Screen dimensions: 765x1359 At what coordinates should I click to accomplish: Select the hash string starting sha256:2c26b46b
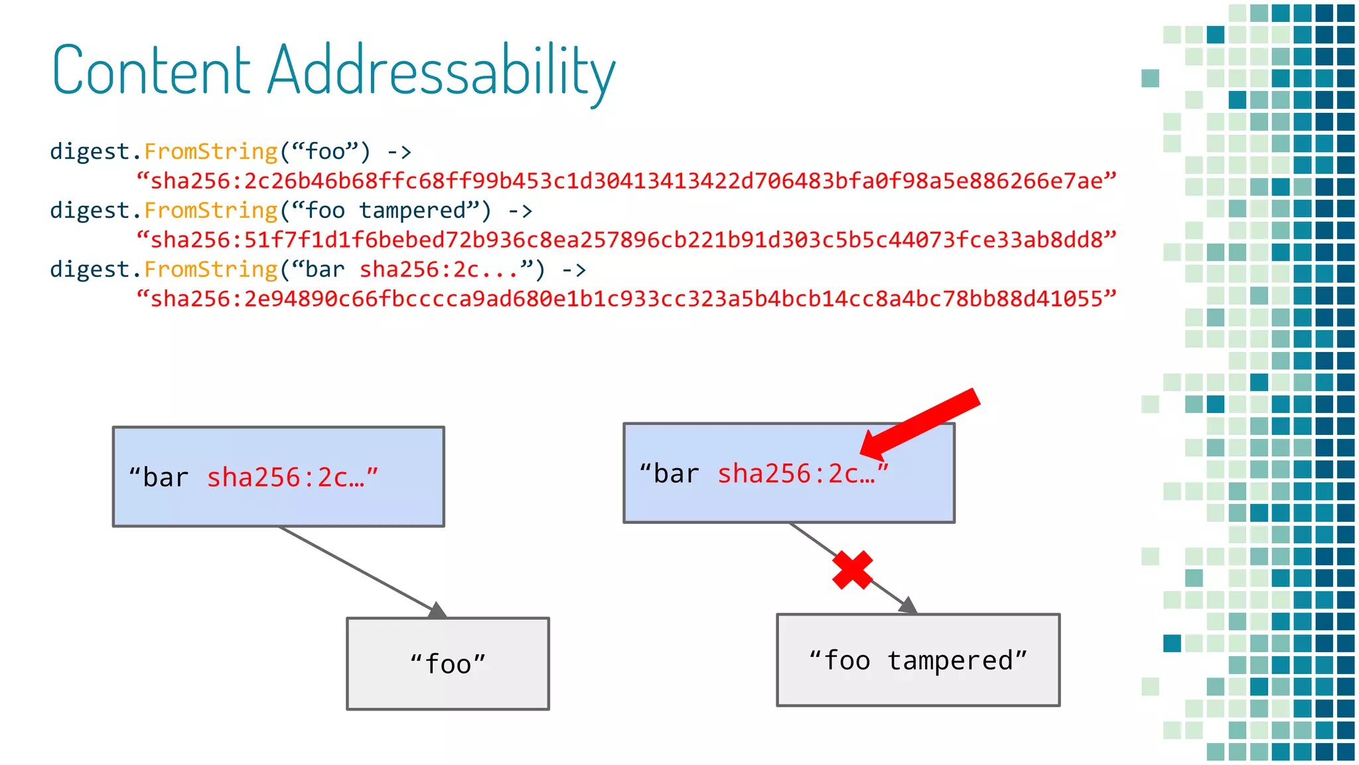coord(626,181)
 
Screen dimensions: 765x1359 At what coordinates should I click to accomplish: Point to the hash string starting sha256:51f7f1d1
coord(626,240)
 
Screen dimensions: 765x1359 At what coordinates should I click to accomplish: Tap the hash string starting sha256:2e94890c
coord(626,299)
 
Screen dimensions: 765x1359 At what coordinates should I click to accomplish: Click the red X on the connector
coord(853,570)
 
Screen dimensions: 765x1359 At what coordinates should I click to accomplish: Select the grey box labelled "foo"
coord(448,663)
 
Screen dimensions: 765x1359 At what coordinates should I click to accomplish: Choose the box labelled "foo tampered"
coord(918,659)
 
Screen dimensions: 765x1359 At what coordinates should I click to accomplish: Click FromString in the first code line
coord(211,151)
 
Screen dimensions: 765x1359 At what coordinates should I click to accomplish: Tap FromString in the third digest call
coord(211,270)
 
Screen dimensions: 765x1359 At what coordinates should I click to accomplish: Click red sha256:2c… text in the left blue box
coord(286,477)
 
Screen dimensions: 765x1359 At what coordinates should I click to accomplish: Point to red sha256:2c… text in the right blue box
coord(796,473)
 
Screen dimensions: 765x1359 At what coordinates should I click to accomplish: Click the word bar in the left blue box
coord(166,477)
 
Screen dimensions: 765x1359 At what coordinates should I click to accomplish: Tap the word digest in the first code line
coord(90,151)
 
